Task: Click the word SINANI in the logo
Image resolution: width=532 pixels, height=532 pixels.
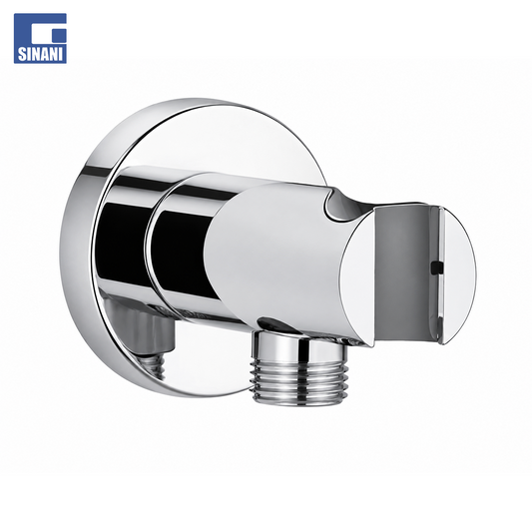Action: click(x=41, y=55)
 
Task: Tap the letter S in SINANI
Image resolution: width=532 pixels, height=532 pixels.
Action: click(x=22, y=55)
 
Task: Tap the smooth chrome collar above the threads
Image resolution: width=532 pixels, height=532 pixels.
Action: click(x=299, y=346)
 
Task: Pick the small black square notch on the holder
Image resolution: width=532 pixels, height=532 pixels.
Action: click(x=437, y=266)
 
